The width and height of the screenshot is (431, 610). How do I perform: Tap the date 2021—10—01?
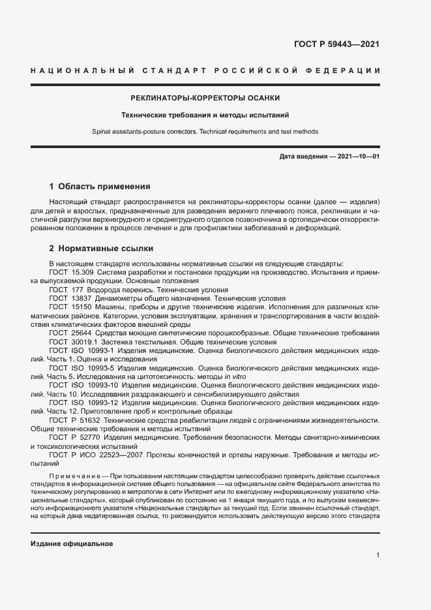click(357, 157)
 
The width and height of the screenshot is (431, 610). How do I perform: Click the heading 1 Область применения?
click(100, 186)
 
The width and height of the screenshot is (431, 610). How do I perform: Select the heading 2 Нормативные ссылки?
click(101, 249)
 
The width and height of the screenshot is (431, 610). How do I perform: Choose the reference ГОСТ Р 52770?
click(73, 438)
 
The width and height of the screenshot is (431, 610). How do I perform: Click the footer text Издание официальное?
click(72, 543)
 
